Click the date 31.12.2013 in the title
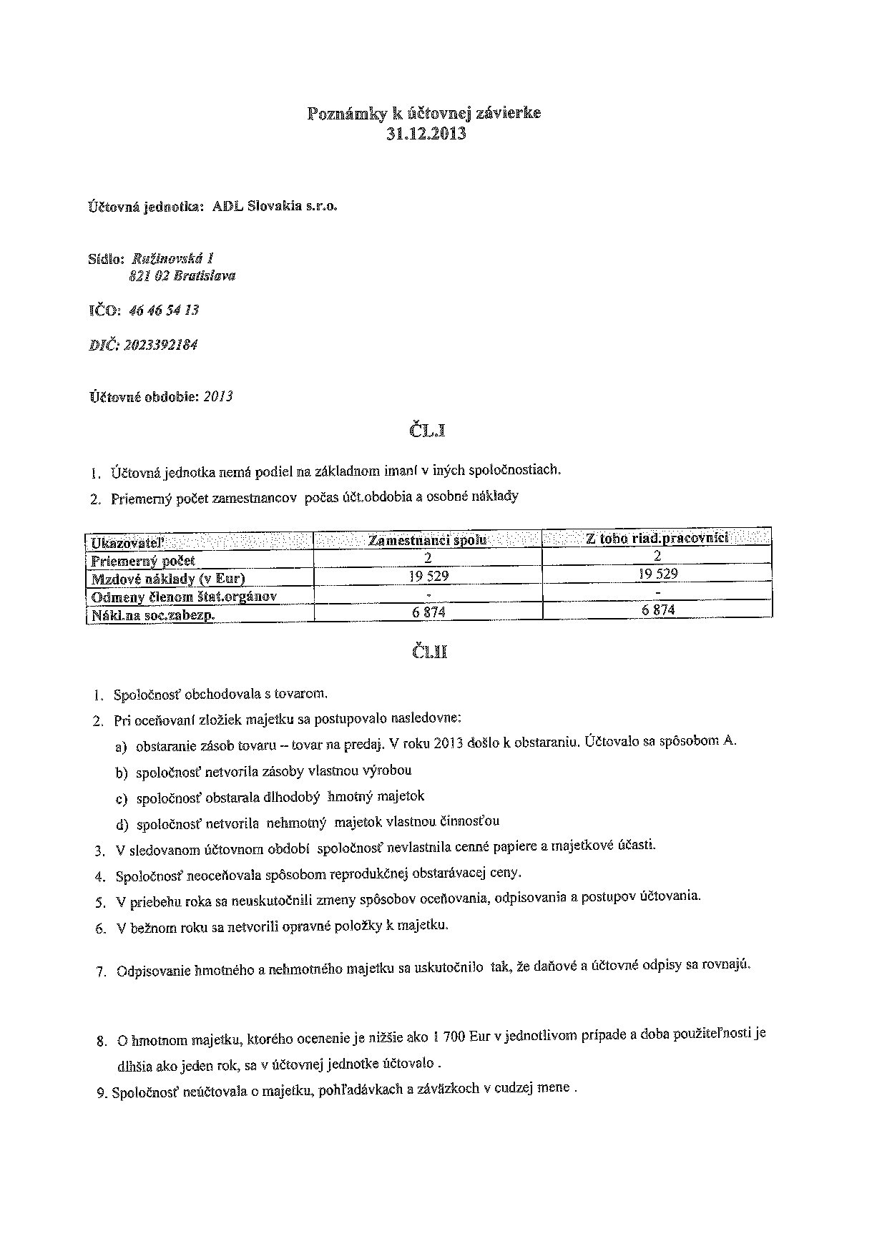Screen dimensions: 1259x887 426,134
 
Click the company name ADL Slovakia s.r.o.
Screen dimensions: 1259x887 275,207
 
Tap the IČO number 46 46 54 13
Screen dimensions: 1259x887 164,310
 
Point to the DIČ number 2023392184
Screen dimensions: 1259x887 160,345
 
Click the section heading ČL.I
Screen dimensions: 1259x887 428,431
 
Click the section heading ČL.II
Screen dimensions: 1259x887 429,652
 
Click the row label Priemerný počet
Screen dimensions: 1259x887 143,561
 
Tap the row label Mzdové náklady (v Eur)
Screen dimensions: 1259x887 168,579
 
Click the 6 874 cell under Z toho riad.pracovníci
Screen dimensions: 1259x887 658,610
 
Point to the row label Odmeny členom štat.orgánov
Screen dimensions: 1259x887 184,597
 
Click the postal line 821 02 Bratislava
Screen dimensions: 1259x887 182,276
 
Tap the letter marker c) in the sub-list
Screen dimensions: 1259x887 121,798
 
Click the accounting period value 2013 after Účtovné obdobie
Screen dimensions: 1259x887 218,396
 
